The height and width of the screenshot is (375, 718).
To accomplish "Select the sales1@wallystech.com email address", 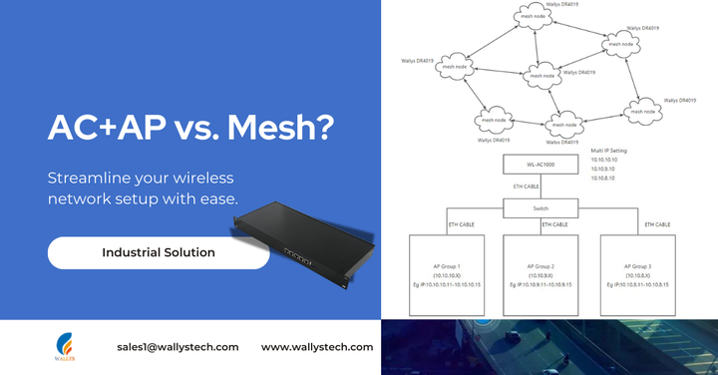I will point(178,347).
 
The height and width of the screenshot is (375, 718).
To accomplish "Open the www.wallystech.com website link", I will point(317,347).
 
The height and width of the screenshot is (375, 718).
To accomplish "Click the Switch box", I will point(541,209).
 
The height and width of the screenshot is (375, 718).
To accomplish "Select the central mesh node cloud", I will point(542,75).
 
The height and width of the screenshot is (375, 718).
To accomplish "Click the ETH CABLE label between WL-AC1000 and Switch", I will point(528,186).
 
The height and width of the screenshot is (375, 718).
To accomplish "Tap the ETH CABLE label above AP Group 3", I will point(654,225).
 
